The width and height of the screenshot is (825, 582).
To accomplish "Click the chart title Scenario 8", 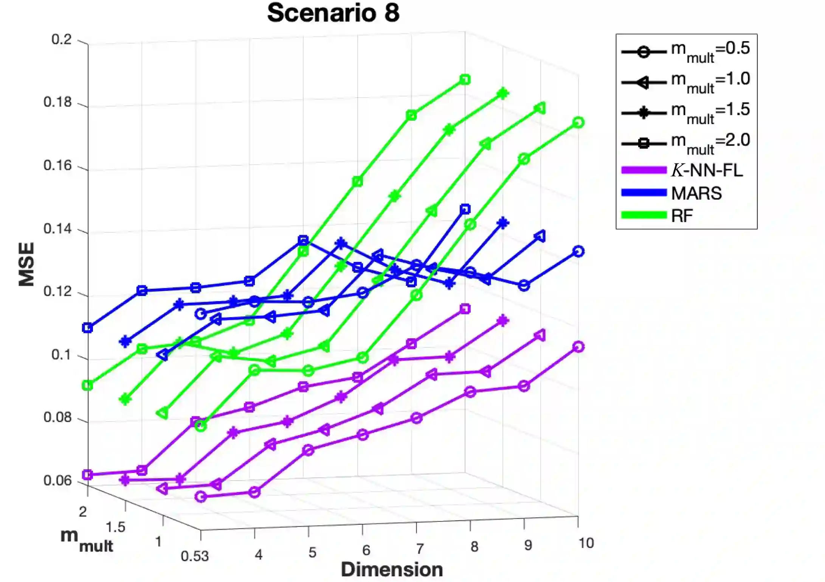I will (333, 13).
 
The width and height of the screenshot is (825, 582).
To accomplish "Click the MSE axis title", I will (26, 264).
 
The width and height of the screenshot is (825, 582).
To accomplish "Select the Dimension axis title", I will (392, 570).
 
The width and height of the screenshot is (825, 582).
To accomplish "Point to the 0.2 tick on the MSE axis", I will (61, 39).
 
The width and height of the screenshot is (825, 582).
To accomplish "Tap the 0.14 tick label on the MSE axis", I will (57, 229).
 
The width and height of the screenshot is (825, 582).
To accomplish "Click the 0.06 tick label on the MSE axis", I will (57, 480).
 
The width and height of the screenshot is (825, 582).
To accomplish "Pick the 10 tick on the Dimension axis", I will (586, 543).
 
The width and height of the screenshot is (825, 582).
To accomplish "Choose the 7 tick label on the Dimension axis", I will (420, 549).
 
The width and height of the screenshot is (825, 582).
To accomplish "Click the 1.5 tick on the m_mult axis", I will (115, 527).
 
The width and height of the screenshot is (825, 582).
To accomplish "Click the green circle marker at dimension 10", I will (578, 123).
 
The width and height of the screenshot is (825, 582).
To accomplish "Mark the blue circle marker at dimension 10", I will (578, 251).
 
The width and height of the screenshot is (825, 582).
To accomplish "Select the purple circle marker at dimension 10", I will (578, 347).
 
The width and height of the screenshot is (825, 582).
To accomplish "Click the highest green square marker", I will (465, 79).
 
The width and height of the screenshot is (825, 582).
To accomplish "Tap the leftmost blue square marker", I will (87, 328).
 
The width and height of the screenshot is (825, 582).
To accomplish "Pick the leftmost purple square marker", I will (87, 475).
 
